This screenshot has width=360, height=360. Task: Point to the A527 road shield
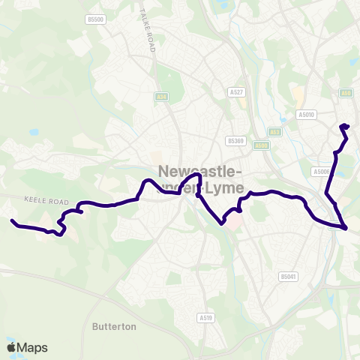[236, 91]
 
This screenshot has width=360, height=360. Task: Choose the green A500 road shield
[261, 145]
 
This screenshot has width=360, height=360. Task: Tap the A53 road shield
[275, 131]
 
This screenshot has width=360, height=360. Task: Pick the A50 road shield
[346, 92]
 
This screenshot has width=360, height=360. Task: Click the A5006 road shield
[322, 172]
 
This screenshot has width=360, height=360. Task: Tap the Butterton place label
[114, 327]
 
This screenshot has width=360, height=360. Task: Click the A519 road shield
[206, 317]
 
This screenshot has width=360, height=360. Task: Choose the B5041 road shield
[289, 277]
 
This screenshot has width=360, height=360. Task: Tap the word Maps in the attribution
[33, 347]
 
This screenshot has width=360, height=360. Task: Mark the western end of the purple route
[12, 220]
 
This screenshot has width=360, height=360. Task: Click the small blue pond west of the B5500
[34, 131]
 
